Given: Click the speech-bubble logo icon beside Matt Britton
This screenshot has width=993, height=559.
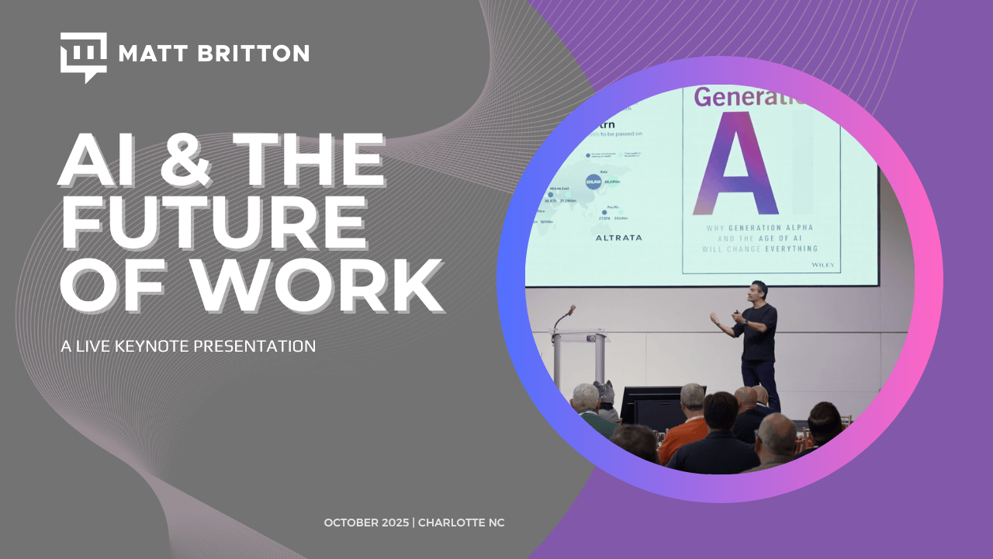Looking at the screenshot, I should [x=83, y=56].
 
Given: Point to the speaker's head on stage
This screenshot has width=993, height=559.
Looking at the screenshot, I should [x=759, y=290].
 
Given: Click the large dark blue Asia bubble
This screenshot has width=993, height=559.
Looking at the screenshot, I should [x=594, y=181].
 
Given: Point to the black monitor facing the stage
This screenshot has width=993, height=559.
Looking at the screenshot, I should [x=652, y=404].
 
